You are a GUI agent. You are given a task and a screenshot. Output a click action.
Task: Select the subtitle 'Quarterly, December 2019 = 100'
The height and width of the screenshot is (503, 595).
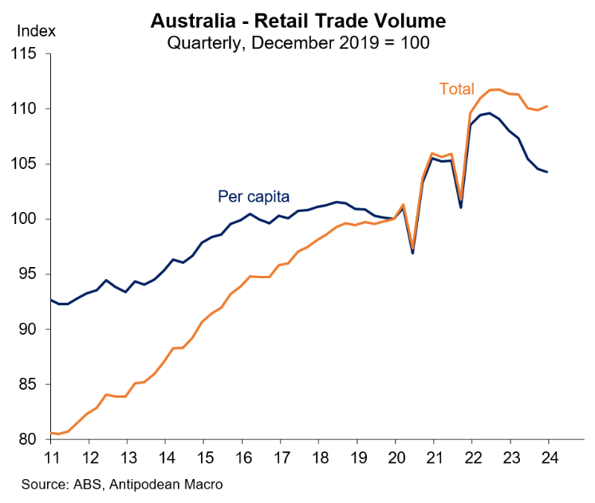click(297, 42)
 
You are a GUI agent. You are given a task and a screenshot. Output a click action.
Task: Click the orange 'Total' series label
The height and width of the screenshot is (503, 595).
click(456, 89)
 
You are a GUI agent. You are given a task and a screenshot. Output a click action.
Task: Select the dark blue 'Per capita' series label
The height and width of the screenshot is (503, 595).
click(253, 195)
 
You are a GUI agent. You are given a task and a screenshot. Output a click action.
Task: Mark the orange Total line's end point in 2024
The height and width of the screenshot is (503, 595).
click(547, 106)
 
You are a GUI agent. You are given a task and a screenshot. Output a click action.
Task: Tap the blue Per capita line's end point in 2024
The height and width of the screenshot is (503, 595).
click(547, 172)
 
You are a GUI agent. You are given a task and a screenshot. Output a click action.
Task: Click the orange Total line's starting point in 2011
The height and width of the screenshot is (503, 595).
click(51, 433)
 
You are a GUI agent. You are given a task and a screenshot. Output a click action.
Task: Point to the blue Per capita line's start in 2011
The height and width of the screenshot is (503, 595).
click(51, 300)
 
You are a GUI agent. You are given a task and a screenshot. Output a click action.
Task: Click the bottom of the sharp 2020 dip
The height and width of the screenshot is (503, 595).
click(412, 253)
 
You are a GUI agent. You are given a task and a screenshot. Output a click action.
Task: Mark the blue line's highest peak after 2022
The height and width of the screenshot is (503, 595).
click(489, 113)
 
